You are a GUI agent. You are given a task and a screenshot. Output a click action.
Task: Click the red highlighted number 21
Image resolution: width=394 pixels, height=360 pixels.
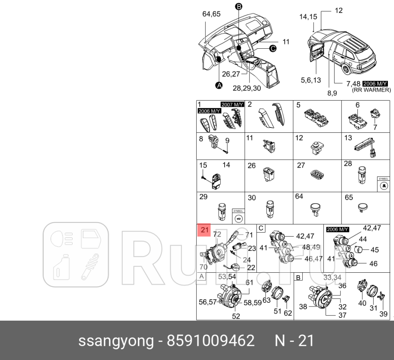tap(204, 231)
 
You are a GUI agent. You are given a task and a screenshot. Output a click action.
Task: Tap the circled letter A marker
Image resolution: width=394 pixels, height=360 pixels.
tap(219, 85)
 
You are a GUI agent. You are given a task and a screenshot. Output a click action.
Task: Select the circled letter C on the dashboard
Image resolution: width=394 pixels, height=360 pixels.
tap(272, 49)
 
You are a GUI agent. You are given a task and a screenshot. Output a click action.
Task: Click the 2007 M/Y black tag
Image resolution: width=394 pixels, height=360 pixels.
tap(232, 104)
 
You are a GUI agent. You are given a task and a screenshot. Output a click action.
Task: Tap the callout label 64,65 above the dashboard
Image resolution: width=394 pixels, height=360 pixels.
tap(211, 14)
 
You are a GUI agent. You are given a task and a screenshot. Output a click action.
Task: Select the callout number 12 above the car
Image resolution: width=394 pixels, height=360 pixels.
tap(339, 10)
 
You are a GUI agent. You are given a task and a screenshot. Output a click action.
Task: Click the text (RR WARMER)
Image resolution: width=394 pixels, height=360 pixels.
tap(371, 90)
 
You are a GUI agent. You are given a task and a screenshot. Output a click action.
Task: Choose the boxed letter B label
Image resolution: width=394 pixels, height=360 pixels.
tap(299, 278)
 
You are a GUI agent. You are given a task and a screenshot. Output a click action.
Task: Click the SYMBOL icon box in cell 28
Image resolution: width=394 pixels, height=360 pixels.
tap(383, 184)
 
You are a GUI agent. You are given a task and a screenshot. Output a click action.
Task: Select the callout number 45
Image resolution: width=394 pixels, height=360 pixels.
tap(374, 250)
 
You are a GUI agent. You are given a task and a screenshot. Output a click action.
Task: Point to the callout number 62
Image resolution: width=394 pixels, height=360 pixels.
tap(288, 313)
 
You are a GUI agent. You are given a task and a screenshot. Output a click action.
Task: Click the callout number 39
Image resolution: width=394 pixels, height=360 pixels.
tap(383, 314)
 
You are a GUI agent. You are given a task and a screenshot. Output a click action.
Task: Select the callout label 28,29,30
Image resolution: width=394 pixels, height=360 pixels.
tap(247, 88)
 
